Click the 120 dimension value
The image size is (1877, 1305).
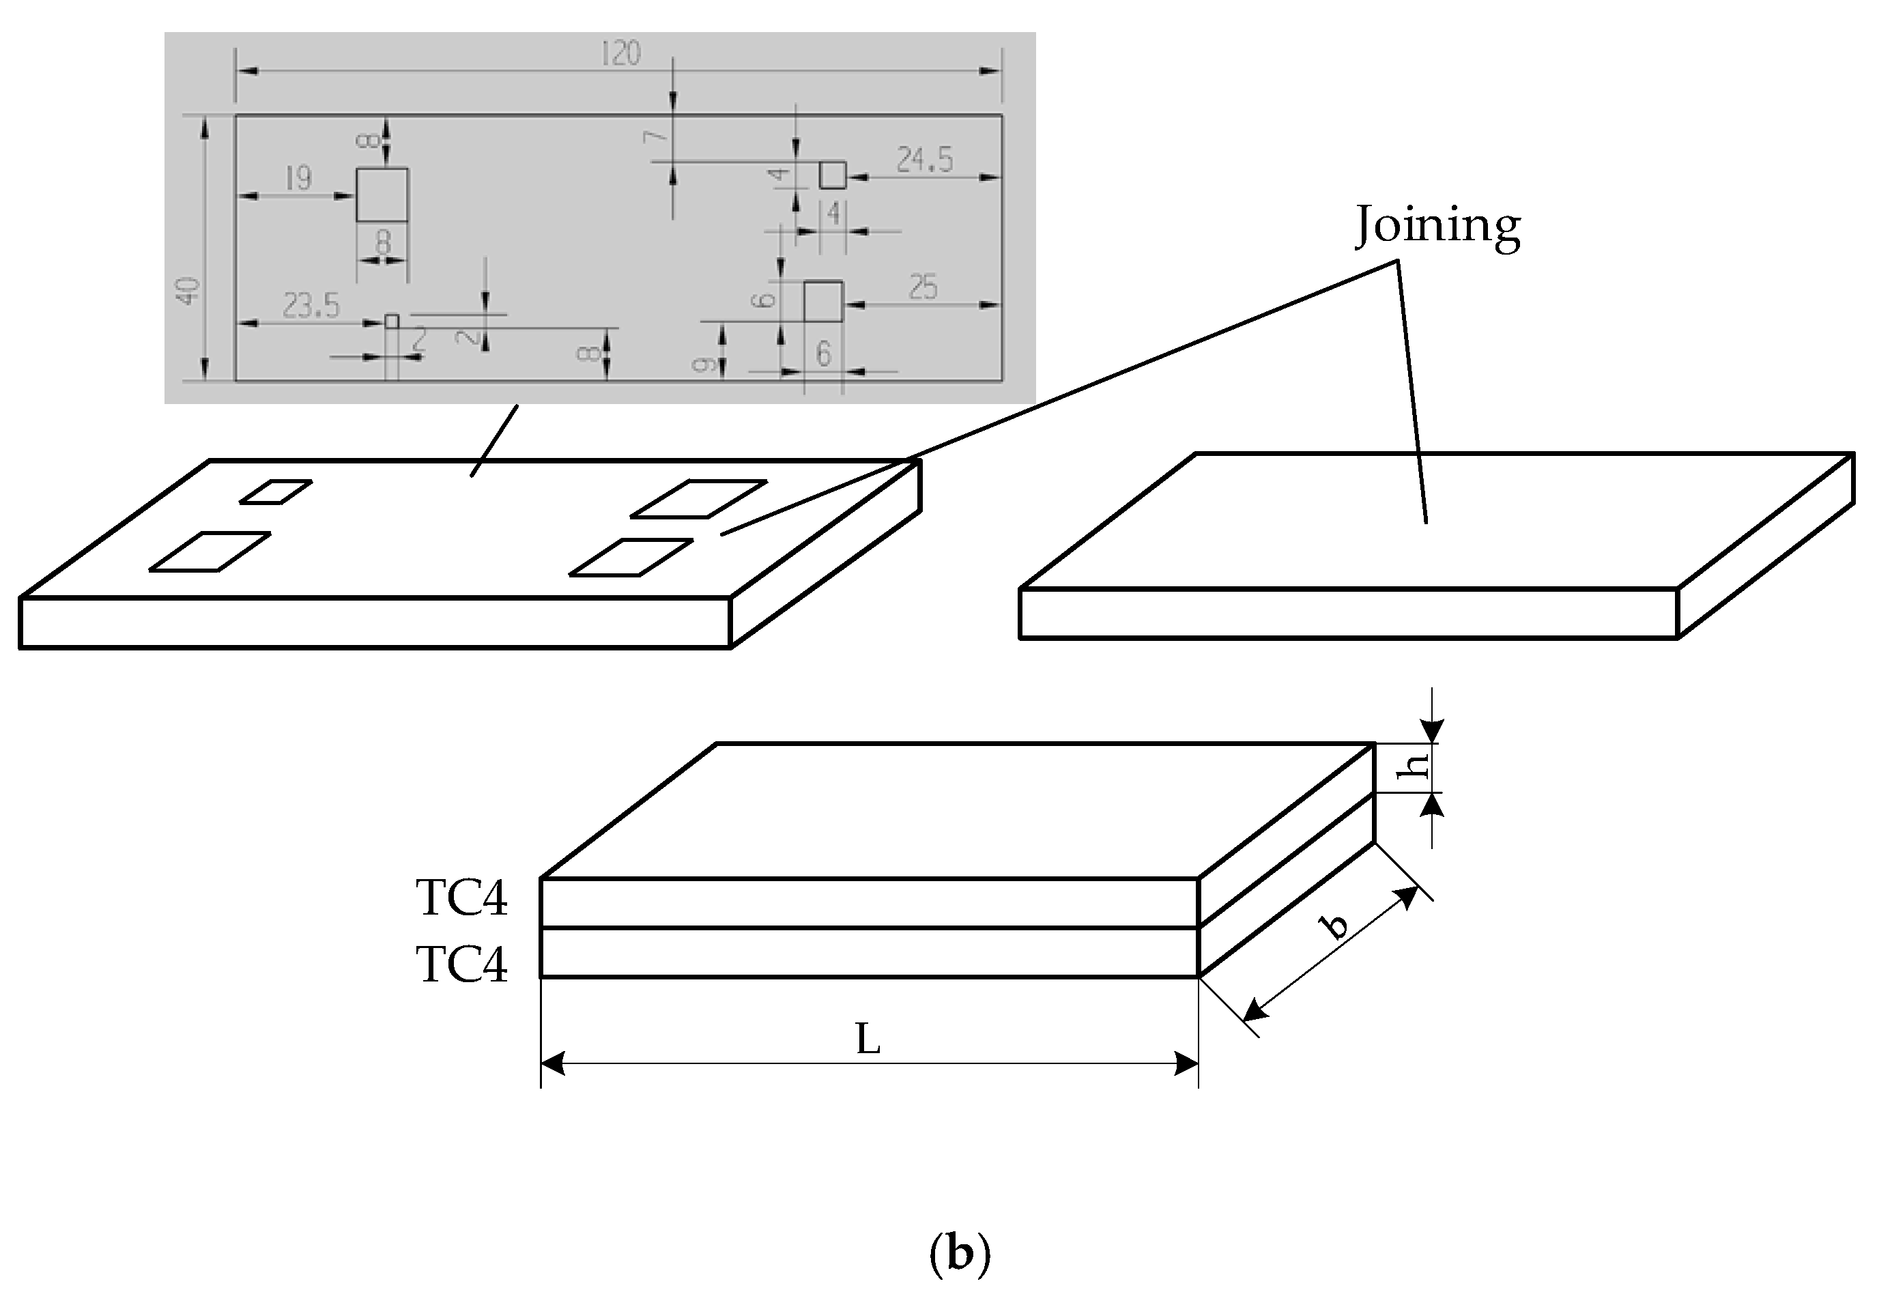(x=620, y=54)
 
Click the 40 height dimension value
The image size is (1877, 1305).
(x=189, y=291)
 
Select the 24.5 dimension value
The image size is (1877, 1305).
(x=925, y=160)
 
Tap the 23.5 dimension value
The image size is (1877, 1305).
(x=311, y=306)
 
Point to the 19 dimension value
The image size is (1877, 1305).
(x=298, y=177)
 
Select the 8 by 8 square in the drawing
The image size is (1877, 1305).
(x=382, y=195)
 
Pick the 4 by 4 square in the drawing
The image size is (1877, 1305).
(x=832, y=175)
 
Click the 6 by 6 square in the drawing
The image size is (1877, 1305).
(x=822, y=301)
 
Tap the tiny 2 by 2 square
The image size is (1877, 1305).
(x=392, y=321)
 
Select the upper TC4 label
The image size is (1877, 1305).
(x=462, y=898)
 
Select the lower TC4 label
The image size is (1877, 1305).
(x=462, y=965)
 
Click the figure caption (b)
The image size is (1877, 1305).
(x=960, y=1252)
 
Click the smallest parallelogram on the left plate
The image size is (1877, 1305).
(x=276, y=491)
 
